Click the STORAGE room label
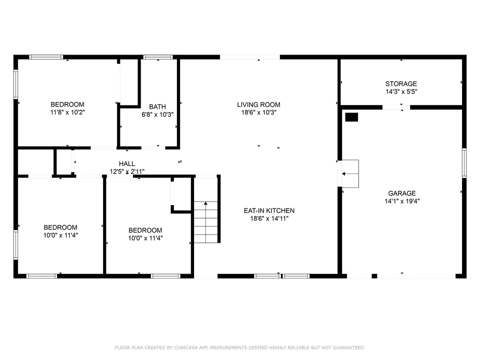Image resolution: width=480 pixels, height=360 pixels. click(401, 84)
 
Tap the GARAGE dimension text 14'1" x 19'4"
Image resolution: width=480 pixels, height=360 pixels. click(401, 201)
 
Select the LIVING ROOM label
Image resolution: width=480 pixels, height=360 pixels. click(258, 104)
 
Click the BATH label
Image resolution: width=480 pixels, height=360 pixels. click(157, 106)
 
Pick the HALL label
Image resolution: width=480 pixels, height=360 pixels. click(126, 163)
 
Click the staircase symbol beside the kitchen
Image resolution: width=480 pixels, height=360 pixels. click(206, 221)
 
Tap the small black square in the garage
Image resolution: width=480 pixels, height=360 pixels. click(352, 117)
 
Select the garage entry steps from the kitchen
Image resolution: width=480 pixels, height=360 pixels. click(350, 174)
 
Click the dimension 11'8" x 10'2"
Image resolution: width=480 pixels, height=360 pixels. click(67, 112)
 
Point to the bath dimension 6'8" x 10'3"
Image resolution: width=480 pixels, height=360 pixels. click(157, 114)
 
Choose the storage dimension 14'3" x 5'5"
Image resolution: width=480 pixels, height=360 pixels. click(401, 92)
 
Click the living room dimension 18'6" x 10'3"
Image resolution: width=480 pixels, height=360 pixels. click(258, 112)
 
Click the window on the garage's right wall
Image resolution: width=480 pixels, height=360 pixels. click(464, 163)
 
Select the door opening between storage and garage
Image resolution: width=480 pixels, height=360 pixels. click(396, 107)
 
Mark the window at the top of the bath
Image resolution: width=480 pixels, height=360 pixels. click(158, 57)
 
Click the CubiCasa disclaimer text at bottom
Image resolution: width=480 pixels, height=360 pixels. click(240, 347)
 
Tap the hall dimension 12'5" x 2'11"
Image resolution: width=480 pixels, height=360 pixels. click(127, 171)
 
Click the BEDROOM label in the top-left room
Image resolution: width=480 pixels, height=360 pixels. click(67, 104)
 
